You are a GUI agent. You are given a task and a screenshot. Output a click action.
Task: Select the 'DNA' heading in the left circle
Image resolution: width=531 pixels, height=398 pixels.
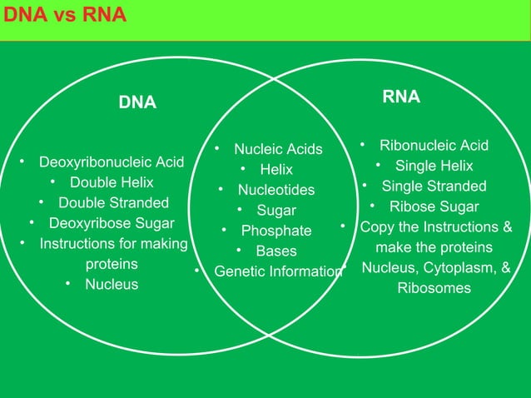tap(137, 102)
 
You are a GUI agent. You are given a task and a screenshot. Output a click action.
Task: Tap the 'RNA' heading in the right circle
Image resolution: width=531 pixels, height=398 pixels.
tap(401, 97)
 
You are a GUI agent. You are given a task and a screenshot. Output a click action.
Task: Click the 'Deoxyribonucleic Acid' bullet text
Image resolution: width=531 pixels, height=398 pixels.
tap(112, 162)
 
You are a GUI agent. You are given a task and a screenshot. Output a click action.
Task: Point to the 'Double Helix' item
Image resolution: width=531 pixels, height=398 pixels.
tap(112, 182)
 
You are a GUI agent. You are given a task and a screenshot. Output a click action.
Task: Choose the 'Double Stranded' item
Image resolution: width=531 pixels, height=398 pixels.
tap(113, 202)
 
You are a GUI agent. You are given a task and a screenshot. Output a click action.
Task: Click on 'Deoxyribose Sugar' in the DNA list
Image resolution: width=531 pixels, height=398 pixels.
tap(112, 223)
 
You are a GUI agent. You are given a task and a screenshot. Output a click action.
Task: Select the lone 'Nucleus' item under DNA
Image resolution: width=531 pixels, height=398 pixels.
tap(112, 285)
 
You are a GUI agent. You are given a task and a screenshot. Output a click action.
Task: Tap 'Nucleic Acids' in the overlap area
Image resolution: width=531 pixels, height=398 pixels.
tap(278, 150)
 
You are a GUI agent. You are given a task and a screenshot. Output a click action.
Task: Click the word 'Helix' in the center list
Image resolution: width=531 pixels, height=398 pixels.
tap(276, 170)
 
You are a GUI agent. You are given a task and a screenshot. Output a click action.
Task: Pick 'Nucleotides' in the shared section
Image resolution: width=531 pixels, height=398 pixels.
tap(276, 191)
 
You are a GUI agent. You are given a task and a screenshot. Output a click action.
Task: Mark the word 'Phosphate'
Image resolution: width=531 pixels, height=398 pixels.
tap(276, 231)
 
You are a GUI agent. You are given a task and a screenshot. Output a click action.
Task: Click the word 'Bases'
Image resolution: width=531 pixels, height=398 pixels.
tap(276, 251)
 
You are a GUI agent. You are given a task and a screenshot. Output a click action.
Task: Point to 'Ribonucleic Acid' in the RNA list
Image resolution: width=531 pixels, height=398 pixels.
tap(434, 146)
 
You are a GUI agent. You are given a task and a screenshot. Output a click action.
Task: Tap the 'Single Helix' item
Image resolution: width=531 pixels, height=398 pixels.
tap(434, 166)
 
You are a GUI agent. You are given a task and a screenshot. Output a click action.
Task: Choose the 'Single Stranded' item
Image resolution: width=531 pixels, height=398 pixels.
tap(434, 186)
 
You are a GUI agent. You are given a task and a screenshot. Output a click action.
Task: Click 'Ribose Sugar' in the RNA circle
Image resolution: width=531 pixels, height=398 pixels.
tap(434, 206)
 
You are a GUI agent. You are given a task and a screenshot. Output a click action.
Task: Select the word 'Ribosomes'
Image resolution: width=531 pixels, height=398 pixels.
tap(434, 288)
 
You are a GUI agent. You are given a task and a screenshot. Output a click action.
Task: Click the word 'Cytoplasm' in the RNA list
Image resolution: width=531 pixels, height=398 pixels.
tap(462, 268)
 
